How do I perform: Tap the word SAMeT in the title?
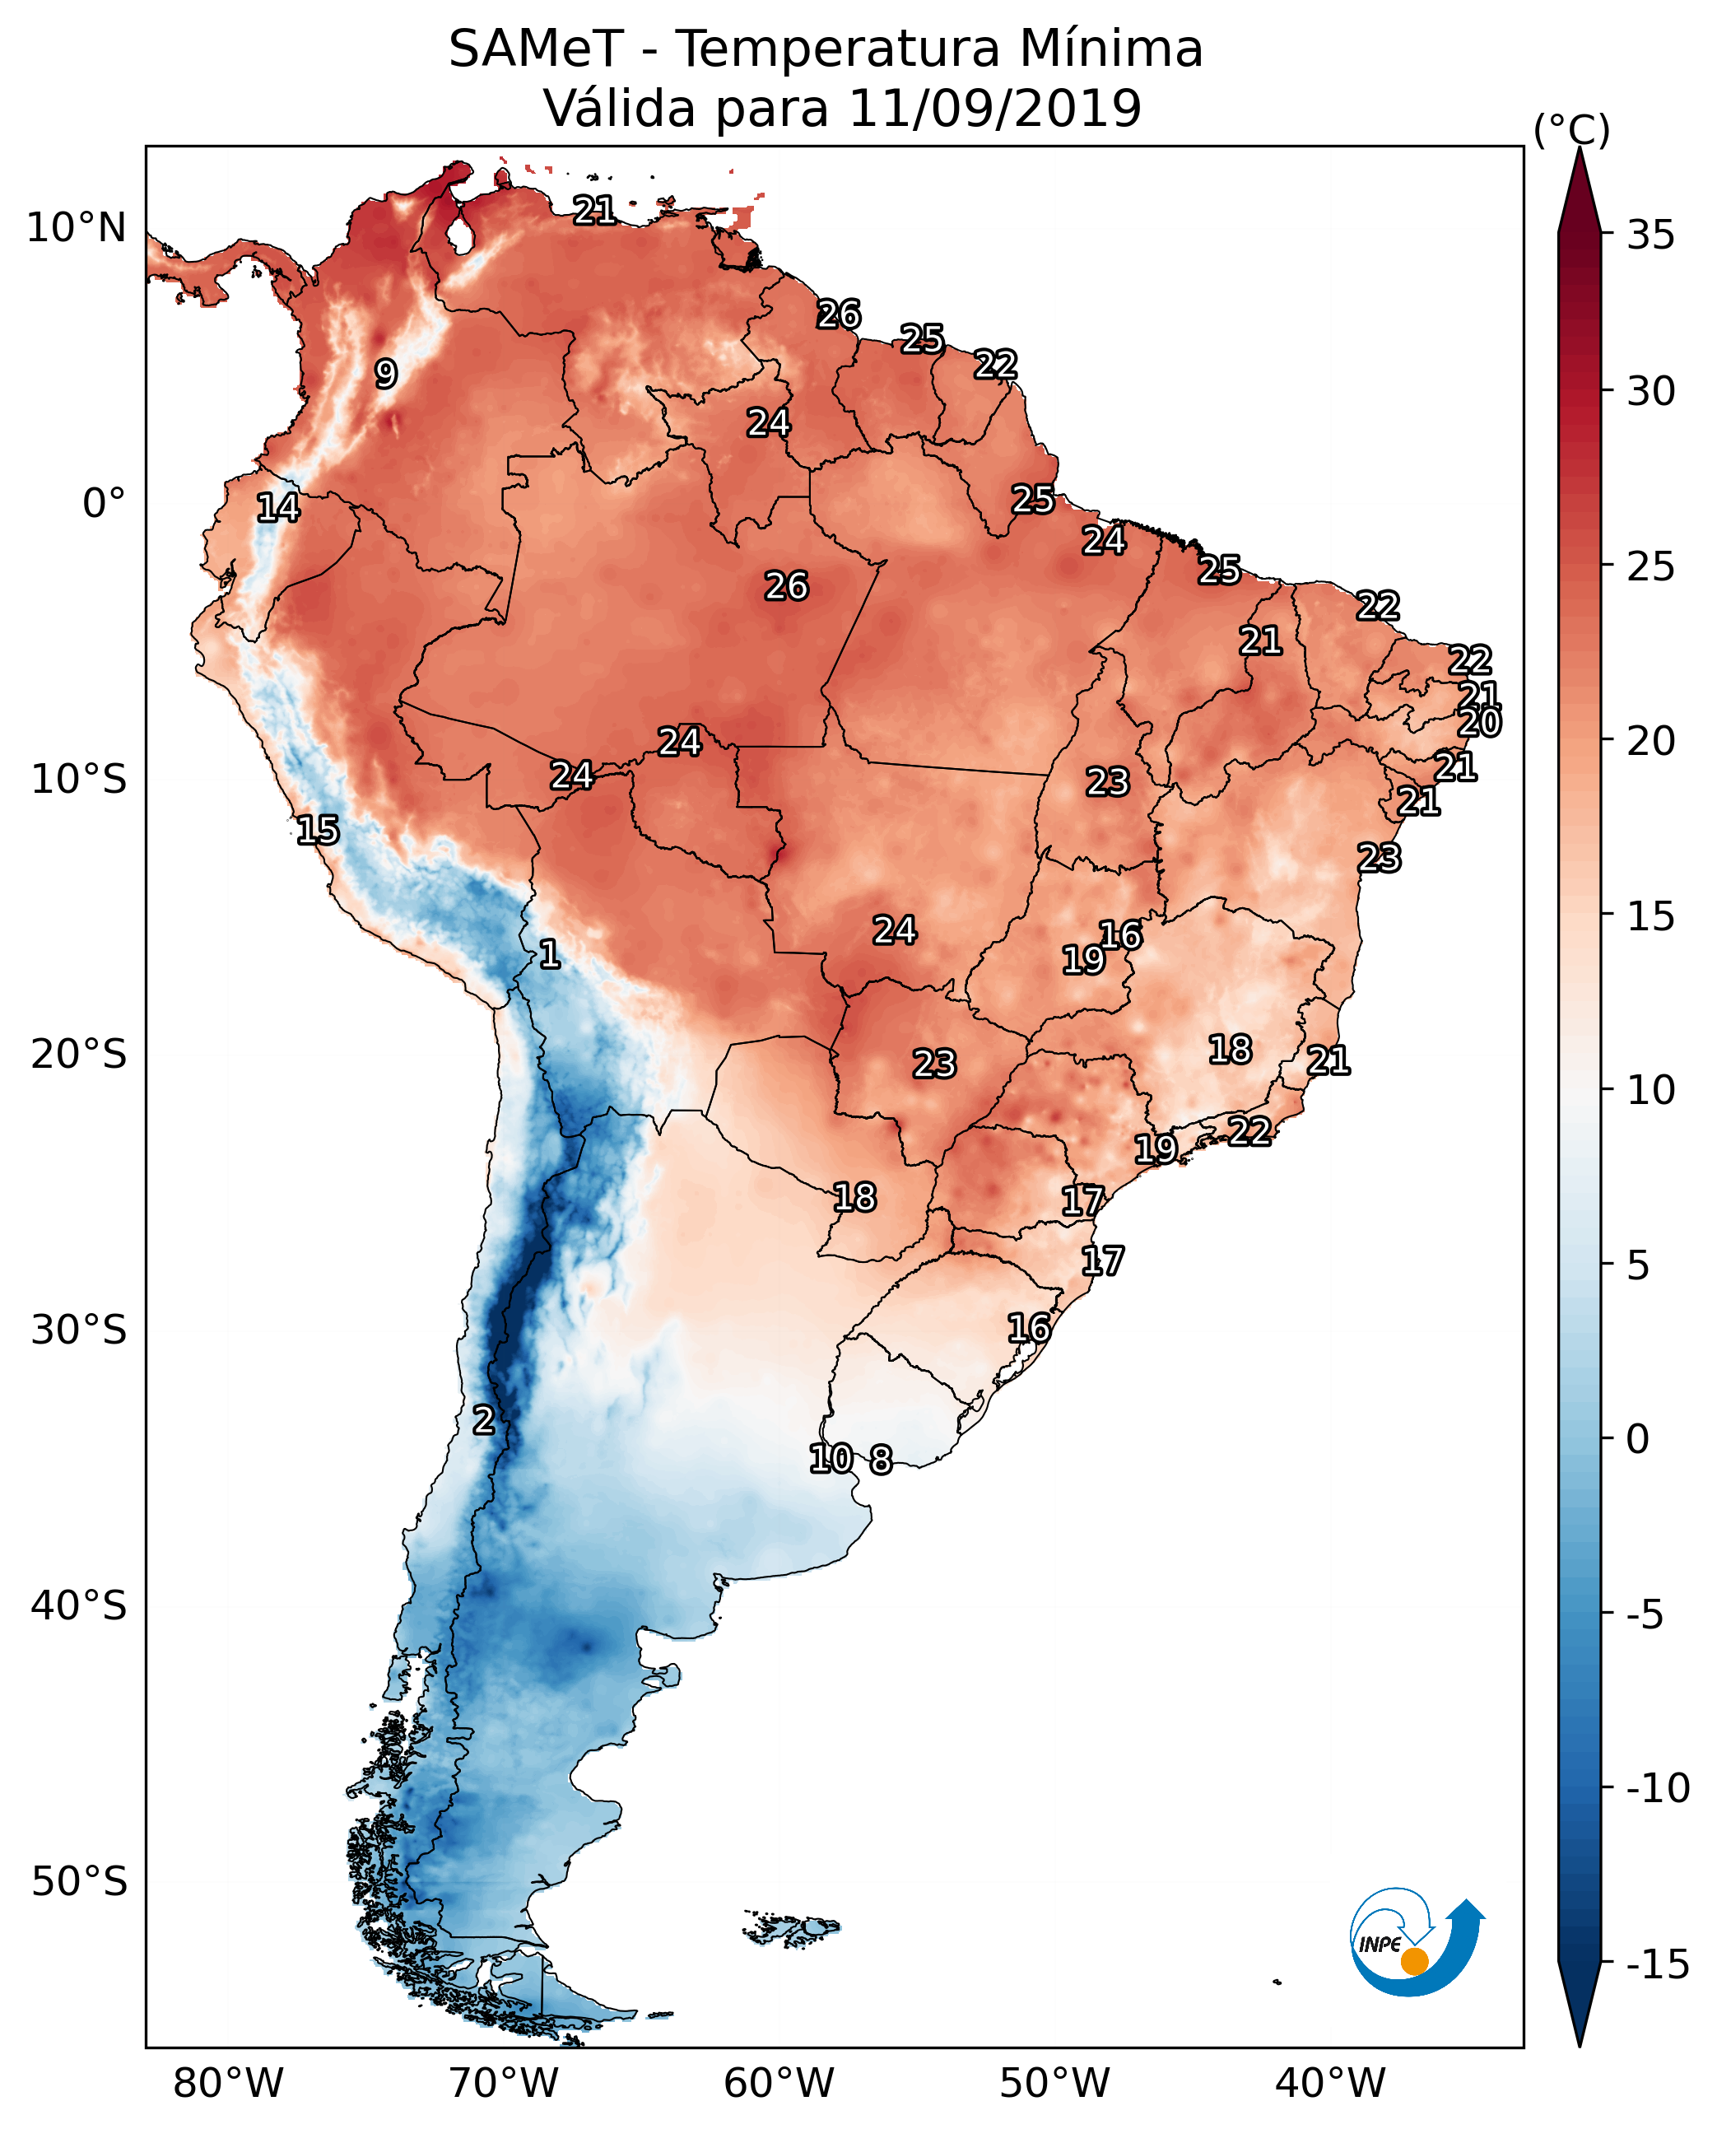536,49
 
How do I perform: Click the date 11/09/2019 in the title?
994,109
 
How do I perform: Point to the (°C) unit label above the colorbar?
1571,131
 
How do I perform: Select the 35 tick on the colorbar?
1650,235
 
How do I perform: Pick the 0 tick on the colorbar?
1638,1438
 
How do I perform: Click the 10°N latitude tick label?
77,229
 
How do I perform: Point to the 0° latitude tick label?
104,504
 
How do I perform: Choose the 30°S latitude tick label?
79,1330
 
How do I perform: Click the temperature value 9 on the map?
386,374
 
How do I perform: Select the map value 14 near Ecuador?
278,507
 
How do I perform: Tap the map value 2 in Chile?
482,1419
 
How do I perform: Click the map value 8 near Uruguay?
880,1459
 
